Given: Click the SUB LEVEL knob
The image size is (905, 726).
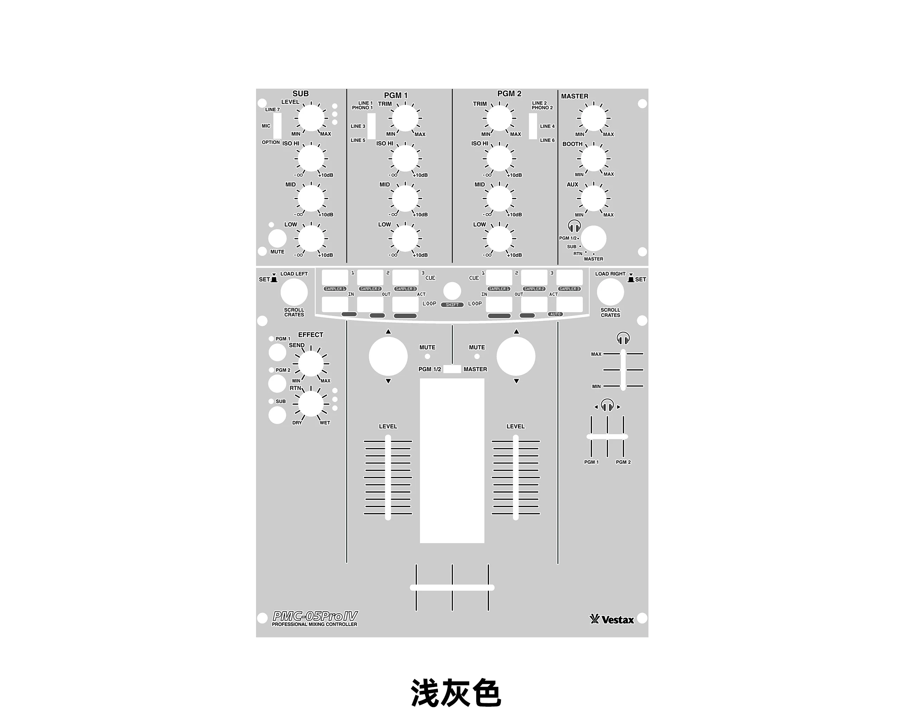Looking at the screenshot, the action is coord(311,118).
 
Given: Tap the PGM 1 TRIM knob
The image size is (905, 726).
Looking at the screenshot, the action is coord(405,118).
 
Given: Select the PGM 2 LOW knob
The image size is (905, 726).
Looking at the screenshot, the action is coord(499,239).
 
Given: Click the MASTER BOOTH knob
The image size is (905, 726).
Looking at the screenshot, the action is coord(594,158).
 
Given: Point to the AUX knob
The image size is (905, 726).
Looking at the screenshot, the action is coord(594,198).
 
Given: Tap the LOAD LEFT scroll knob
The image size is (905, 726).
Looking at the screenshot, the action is coord(294,292).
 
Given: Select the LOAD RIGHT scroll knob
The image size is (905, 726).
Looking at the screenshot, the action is coord(610,292).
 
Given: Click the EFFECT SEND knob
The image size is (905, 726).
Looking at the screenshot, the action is coord(311,364).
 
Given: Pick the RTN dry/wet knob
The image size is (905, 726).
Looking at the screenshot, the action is coord(311,403).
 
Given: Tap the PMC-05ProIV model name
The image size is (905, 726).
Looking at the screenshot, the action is coord(315,616).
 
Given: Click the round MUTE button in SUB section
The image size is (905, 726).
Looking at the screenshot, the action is coord(277,238).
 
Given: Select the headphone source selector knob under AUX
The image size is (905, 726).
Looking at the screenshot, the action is coord(594,238).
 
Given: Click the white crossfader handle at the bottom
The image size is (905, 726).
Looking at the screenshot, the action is coord(452,588).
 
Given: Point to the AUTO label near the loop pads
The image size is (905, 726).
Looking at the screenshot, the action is coord(555,314).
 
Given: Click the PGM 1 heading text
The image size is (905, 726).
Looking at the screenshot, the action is coord(395,95).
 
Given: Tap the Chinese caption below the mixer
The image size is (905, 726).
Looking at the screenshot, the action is coord(456,693).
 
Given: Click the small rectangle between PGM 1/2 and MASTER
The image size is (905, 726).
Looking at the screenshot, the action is coord(452,369).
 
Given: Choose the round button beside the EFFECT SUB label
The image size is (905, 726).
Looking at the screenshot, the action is coord(277,415).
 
